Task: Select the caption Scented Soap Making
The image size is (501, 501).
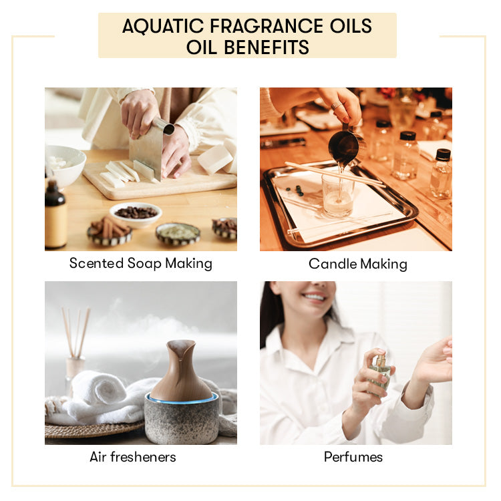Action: pos(140,263)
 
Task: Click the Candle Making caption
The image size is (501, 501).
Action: pos(357,264)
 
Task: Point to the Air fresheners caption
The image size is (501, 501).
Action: pos(133,457)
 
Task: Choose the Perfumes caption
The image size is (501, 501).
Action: pos(353,457)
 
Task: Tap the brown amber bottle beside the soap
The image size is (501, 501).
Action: pos(55,217)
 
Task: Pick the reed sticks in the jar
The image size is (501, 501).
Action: pos(74,334)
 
